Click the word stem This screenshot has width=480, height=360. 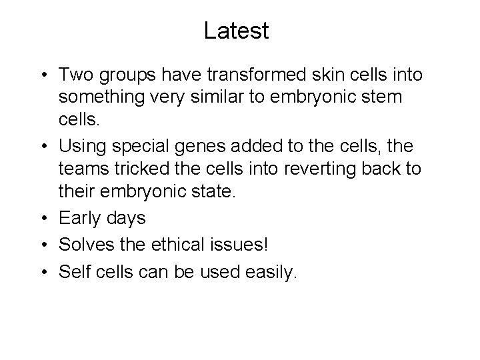tap(382, 97)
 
